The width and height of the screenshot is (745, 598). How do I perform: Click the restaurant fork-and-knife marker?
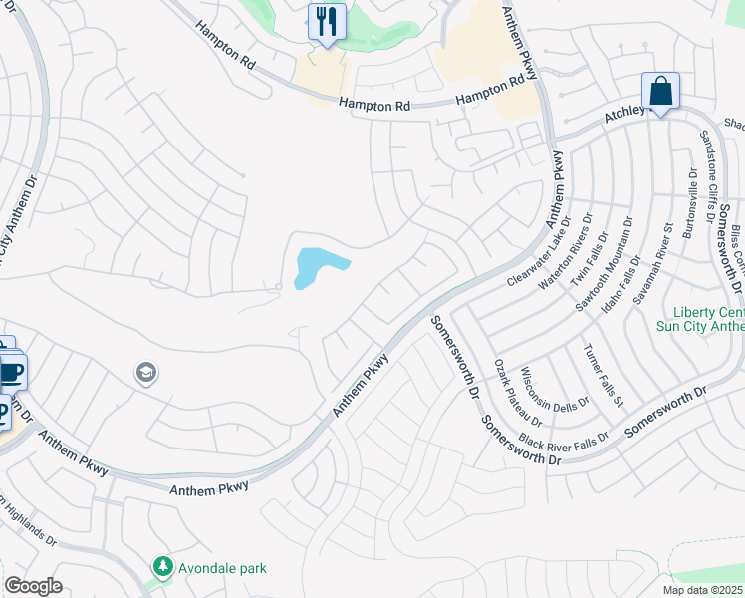pyautogui.click(x=327, y=21)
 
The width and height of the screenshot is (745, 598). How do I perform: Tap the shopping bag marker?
pyautogui.click(x=660, y=91)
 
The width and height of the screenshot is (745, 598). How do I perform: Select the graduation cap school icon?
pyautogui.click(x=145, y=373)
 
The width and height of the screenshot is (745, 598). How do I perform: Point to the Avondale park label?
pyautogui.click(x=223, y=568)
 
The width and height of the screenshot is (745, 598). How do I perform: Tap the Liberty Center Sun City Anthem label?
pyautogui.click(x=701, y=319)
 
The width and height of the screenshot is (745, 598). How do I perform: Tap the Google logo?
pyautogui.click(x=33, y=586)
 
